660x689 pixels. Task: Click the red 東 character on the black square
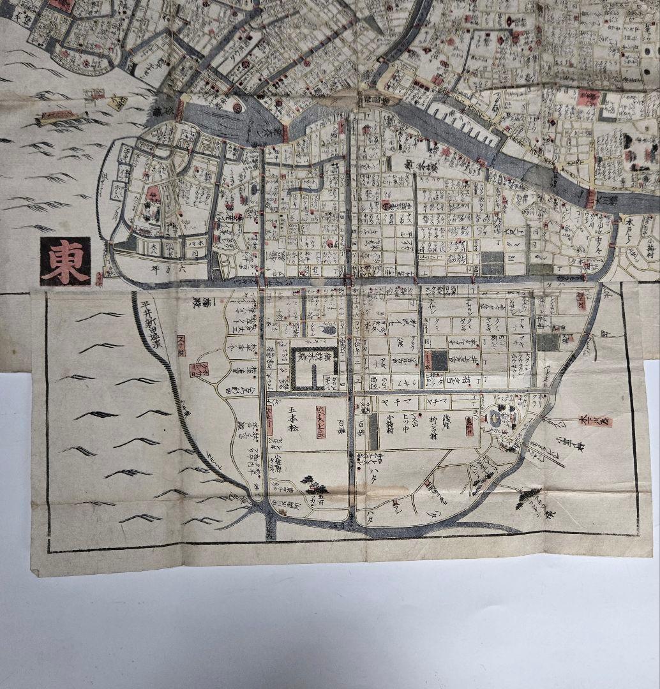[x=65, y=261]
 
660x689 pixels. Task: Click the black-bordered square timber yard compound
[x=314, y=369]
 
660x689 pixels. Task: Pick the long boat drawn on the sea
[x=57, y=117]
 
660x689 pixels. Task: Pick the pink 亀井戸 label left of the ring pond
[x=470, y=426]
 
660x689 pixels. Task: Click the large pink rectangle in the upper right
[x=588, y=98]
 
